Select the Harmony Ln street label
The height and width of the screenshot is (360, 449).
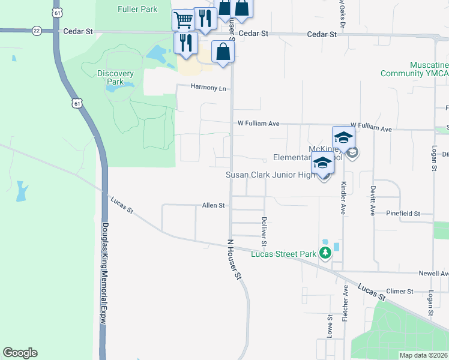(208, 88)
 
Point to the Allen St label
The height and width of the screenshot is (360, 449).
(213, 205)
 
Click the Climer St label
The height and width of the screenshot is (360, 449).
(400, 291)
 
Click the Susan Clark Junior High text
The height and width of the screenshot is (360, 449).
(270, 175)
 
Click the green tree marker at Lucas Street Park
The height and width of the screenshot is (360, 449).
(325, 253)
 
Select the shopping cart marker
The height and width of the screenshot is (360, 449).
(183, 20)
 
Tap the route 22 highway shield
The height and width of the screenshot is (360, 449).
(37, 30)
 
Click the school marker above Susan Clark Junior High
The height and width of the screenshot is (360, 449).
(322, 163)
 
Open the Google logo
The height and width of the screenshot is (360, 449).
(20, 353)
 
